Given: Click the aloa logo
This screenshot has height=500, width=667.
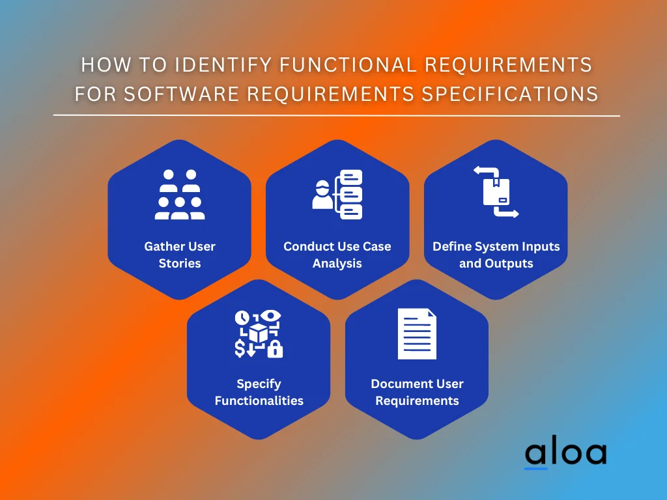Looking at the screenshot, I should [565, 453].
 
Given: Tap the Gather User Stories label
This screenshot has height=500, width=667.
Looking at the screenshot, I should [179, 255].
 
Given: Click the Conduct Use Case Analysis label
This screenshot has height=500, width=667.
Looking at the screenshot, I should [337, 255].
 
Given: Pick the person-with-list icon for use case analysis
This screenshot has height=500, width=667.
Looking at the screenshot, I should [337, 194].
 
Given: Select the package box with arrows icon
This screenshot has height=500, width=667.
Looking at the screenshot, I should [496, 192].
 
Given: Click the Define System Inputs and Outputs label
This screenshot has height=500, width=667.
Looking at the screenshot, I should [496, 255].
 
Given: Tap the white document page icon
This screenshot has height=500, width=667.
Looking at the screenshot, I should [417, 334].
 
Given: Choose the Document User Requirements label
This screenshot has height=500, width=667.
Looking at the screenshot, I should [417, 393].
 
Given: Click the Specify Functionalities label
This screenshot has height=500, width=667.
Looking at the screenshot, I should [259, 393].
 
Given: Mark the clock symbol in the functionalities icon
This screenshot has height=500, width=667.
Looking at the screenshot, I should [242, 318].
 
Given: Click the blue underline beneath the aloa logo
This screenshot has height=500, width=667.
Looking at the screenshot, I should [536, 467].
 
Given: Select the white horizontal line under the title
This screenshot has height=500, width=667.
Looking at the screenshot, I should [337, 116].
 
